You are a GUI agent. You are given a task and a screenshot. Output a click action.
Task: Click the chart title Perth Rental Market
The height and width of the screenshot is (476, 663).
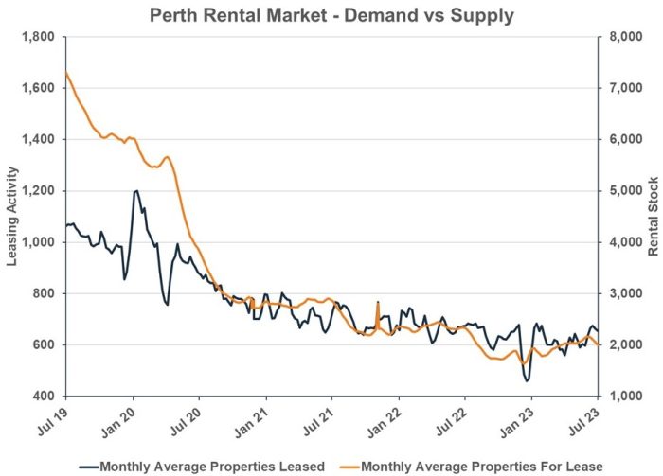click(x=331, y=16)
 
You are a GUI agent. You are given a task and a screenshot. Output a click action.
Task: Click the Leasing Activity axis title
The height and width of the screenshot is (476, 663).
click(x=14, y=216)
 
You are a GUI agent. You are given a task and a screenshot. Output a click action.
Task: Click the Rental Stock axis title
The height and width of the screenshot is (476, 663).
click(x=651, y=216)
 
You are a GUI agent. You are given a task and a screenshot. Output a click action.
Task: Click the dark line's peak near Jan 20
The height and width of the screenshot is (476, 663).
click(x=136, y=191)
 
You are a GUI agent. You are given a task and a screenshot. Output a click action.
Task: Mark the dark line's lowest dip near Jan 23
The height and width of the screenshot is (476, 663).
click(x=527, y=380)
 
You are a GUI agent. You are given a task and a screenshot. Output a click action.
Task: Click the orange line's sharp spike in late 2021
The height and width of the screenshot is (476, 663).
click(x=377, y=303)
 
